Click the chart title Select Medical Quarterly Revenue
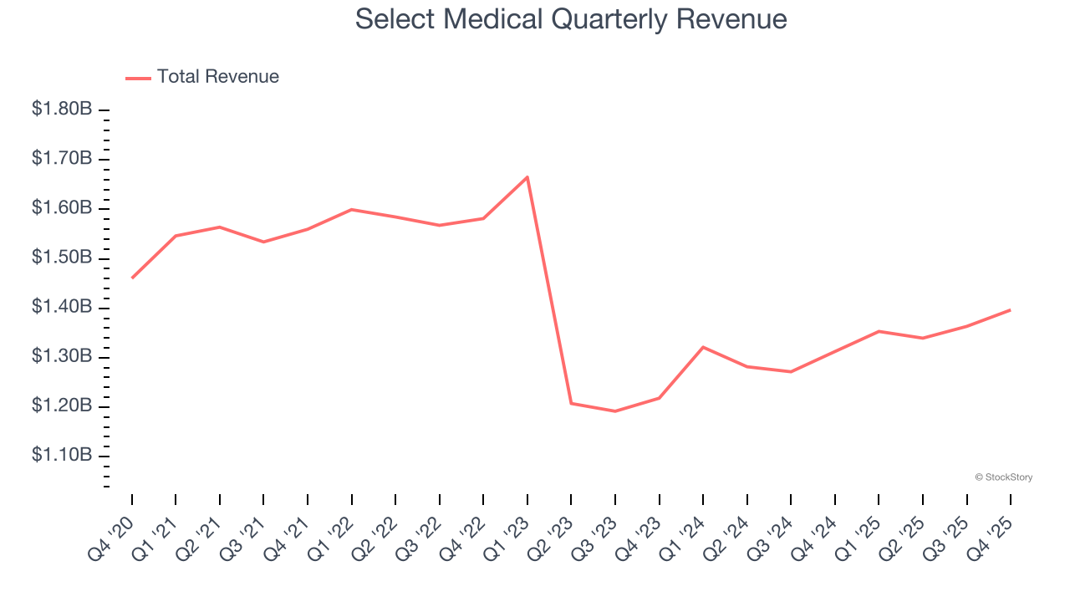(x=571, y=19)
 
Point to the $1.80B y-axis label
(x=62, y=110)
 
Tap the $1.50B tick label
(x=62, y=258)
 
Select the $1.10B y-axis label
(x=62, y=456)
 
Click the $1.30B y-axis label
(x=62, y=357)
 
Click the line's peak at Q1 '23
(x=527, y=176)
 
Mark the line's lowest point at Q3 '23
(x=615, y=411)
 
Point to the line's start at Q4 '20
(x=132, y=278)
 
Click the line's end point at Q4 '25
(x=1011, y=310)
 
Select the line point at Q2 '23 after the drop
(x=571, y=403)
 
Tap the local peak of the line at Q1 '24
(x=703, y=347)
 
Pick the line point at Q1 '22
(x=352, y=209)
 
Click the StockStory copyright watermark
(x=1003, y=477)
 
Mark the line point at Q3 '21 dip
(x=264, y=242)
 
